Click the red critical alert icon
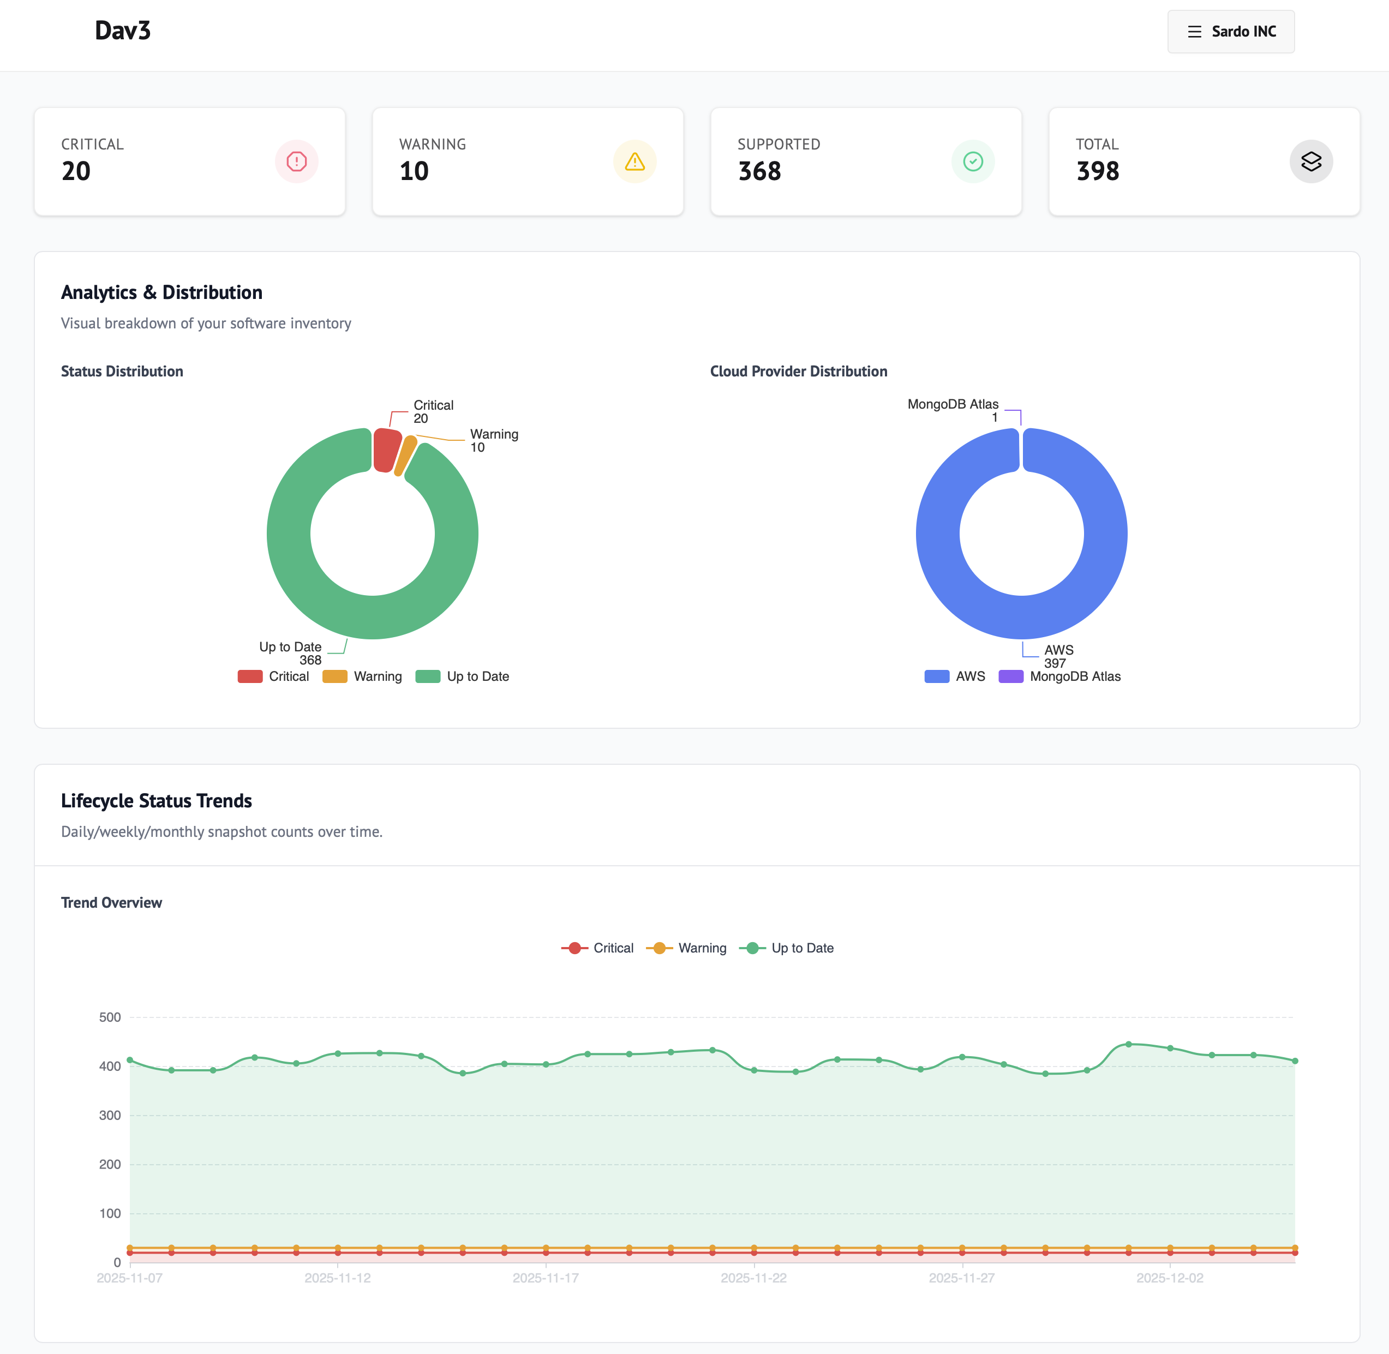pyautogui.click(x=297, y=161)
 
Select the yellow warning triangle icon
pyautogui.click(x=634, y=161)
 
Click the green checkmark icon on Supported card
pyautogui.click(x=972, y=161)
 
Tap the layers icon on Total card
pyautogui.click(x=1311, y=161)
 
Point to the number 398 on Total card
pyautogui.click(x=1098, y=171)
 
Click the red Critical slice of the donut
pyautogui.click(x=386, y=449)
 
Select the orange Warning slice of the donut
pyautogui.click(x=405, y=455)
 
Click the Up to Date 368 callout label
pyautogui.click(x=291, y=653)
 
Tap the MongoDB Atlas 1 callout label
pyautogui.click(x=953, y=410)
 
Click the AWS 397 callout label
pyautogui.click(x=1058, y=656)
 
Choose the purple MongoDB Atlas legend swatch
pyautogui.click(x=1010, y=676)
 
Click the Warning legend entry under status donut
pyautogui.click(x=363, y=676)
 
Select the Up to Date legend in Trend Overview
pyautogui.click(x=787, y=948)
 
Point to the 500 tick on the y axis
pyautogui.click(x=110, y=1017)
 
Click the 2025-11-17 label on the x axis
pyautogui.click(x=546, y=1278)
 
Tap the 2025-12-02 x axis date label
pyautogui.click(x=1169, y=1278)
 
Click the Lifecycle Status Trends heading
pyautogui.click(x=157, y=801)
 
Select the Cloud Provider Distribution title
pyautogui.click(x=798, y=371)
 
